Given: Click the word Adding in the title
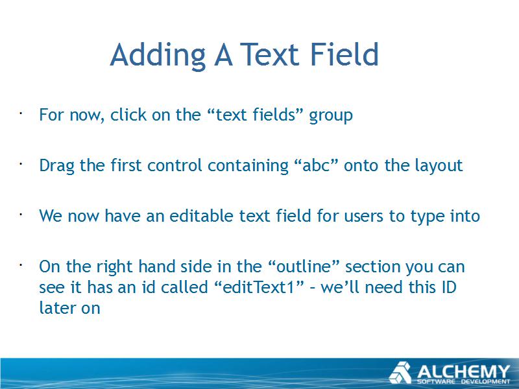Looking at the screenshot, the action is point(158,55).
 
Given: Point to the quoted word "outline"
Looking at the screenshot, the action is point(302,266).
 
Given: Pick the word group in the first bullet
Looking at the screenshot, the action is point(331,117).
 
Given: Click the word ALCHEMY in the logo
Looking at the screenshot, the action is point(463,371).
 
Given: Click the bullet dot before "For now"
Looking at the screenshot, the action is point(21,113).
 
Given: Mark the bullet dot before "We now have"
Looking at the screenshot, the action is point(21,215).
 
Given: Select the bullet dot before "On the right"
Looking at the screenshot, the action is point(21,265).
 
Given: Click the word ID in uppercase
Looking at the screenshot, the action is point(449,287).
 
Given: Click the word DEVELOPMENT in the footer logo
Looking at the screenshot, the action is point(486,382).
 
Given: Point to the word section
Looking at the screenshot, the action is point(372,266).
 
